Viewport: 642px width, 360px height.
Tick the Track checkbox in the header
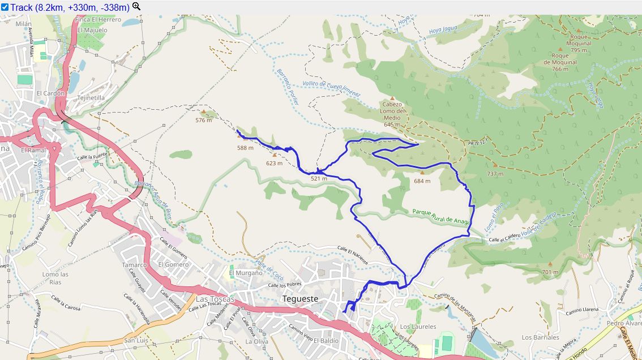(x=5, y=7)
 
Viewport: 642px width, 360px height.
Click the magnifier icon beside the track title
(x=136, y=7)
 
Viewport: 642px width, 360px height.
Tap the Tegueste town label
(x=300, y=298)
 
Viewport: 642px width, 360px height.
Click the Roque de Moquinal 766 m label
(x=555, y=62)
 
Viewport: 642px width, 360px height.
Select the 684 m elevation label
(x=422, y=181)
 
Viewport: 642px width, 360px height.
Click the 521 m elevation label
(x=319, y=179)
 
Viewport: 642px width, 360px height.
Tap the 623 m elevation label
(x=274, y=163)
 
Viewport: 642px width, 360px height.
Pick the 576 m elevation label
(x=203, y=120)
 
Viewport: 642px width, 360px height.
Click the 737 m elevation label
(x=495, y=174)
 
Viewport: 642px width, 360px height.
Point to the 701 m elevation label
(x=550, y=272)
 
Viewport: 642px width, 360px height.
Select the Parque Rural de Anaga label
(x=440, y=216)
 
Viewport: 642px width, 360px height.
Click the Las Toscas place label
(x=215, y=299)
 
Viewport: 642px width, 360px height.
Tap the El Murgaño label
(x=246, y=273)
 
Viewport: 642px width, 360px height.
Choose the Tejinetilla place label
(x=91, y=97)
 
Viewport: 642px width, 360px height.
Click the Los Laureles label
(x=418, y=327)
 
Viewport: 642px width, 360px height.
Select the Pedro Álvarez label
(x=623, y=324)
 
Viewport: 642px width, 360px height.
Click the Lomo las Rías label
(x=55, y=278)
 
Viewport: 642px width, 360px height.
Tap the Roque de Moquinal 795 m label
(x=579, y=46)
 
